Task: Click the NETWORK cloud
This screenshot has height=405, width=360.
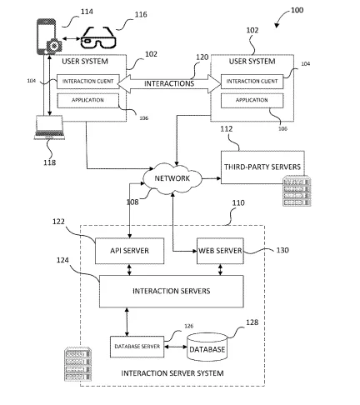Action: [x=172, y=178]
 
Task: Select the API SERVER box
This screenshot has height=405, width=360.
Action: [x=129, y=251]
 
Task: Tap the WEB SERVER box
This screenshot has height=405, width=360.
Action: [x=220, y=251]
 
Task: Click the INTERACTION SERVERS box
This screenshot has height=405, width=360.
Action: [x=172, y=291]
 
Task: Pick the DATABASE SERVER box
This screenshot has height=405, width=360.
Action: [x=137, y=347]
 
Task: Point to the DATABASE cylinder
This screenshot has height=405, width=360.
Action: [x=207, y=347]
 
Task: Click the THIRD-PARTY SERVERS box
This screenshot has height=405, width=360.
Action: [x=262, y=167]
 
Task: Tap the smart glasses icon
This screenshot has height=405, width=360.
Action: [x=98, y=37]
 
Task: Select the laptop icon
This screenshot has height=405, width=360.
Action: [x=49, y=127]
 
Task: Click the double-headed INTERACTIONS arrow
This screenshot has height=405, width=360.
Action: [x=169, y=83]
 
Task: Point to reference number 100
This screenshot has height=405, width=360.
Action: [x=297, y=10]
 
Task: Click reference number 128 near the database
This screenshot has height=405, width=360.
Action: [x=252, y=322]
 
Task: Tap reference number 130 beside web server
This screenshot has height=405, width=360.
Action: [x=282, y=250]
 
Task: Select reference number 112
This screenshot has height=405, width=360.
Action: [x=227, y=129]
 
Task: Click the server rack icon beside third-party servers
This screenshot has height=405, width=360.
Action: [x=297, y=191]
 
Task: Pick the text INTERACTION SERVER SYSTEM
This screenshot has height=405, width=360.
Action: [x=172, y=373]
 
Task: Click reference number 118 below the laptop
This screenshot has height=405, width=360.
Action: [x=49, y=162]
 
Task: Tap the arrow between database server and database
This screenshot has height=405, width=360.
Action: [x=176, y=347]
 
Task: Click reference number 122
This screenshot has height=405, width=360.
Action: [x=58, y=222]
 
